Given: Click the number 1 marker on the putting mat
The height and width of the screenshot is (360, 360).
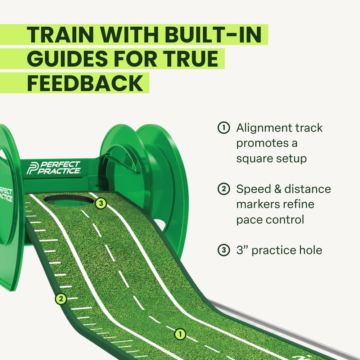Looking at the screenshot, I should pyautogui.click(x=180, y=334).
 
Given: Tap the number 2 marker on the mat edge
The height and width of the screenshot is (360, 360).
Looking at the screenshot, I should pyautogui.click(x=61, y=298).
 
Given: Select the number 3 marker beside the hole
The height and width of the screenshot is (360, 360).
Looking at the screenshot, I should pyautogui.click(x=101, y=203).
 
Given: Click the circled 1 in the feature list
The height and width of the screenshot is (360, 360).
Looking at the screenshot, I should pyautogui.click(x=224, y=128).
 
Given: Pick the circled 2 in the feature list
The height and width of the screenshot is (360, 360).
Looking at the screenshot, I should pyautogui.click(x=224, y=189).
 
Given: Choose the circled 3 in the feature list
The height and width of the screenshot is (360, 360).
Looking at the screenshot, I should pyautogui.click(x=224, y=250).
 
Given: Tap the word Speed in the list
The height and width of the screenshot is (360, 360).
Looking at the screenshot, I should pyautogui.click(x=252, y=189).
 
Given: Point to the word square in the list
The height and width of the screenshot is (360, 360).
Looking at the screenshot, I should pyautogui.click(x=256, y=159).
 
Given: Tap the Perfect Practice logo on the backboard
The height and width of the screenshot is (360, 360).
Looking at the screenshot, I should pyautogui.click(x=54, y=168).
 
